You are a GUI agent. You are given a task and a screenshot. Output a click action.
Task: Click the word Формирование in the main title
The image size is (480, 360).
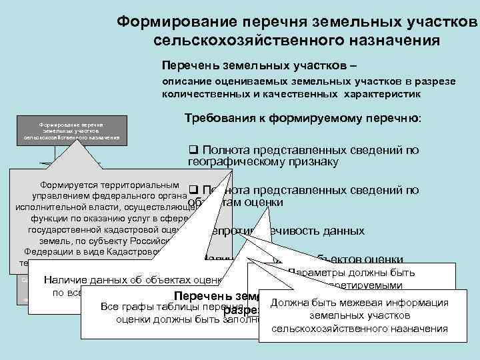click(170, 21)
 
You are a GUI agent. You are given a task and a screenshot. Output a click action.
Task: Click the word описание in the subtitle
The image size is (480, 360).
click(185, 81)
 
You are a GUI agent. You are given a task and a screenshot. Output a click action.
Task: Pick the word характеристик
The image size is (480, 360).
click(383, 94)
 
